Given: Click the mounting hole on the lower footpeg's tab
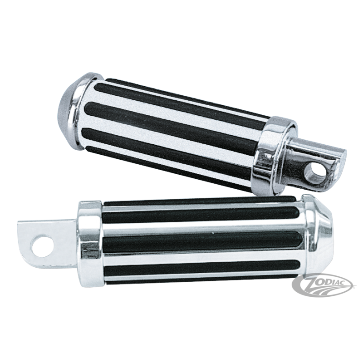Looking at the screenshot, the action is tap(42, 246).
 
